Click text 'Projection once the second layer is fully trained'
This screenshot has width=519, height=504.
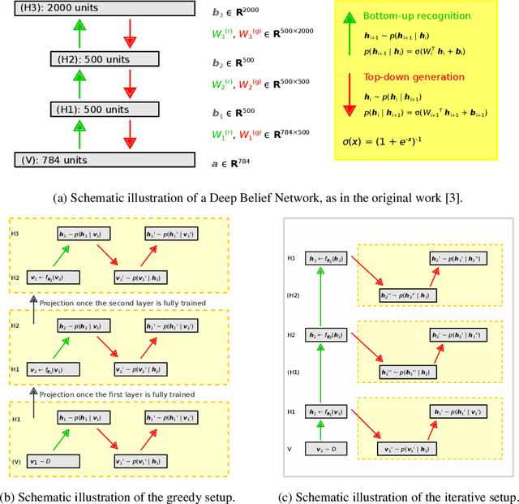[127, 302]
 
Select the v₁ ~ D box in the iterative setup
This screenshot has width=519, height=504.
[325, 449]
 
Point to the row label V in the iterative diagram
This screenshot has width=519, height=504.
[290, 448]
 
